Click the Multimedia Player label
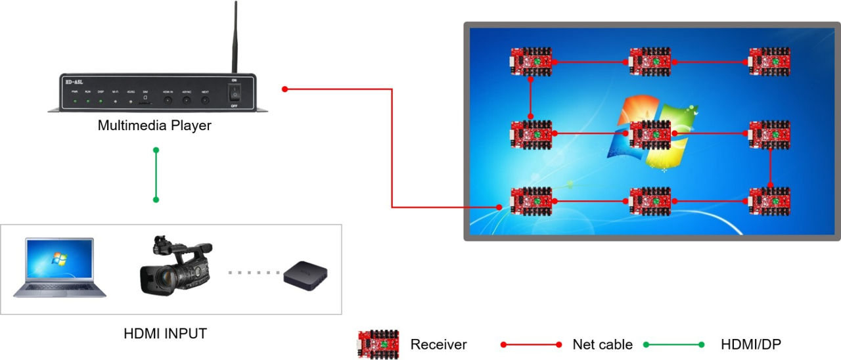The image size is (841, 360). [x=154, y=125]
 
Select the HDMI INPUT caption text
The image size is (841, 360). [x=165, y=334]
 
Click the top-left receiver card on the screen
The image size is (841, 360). [x=532, y=61]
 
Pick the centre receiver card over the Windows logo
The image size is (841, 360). [x=650, y=133]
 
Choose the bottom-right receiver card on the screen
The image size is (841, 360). [x=769, y=202]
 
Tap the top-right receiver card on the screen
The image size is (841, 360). [x=769, y=61]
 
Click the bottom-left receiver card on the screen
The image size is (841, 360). [x=532, y=202]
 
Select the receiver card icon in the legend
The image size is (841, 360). [x=378, y=344]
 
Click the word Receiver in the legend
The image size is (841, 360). [x=438, y=344]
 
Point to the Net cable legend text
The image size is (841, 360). [x=602, y=344]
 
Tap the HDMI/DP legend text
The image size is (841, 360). [x=751, y=344]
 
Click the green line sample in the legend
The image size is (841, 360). [x=673, y=344]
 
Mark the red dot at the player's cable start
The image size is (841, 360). [x=284, y=89]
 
